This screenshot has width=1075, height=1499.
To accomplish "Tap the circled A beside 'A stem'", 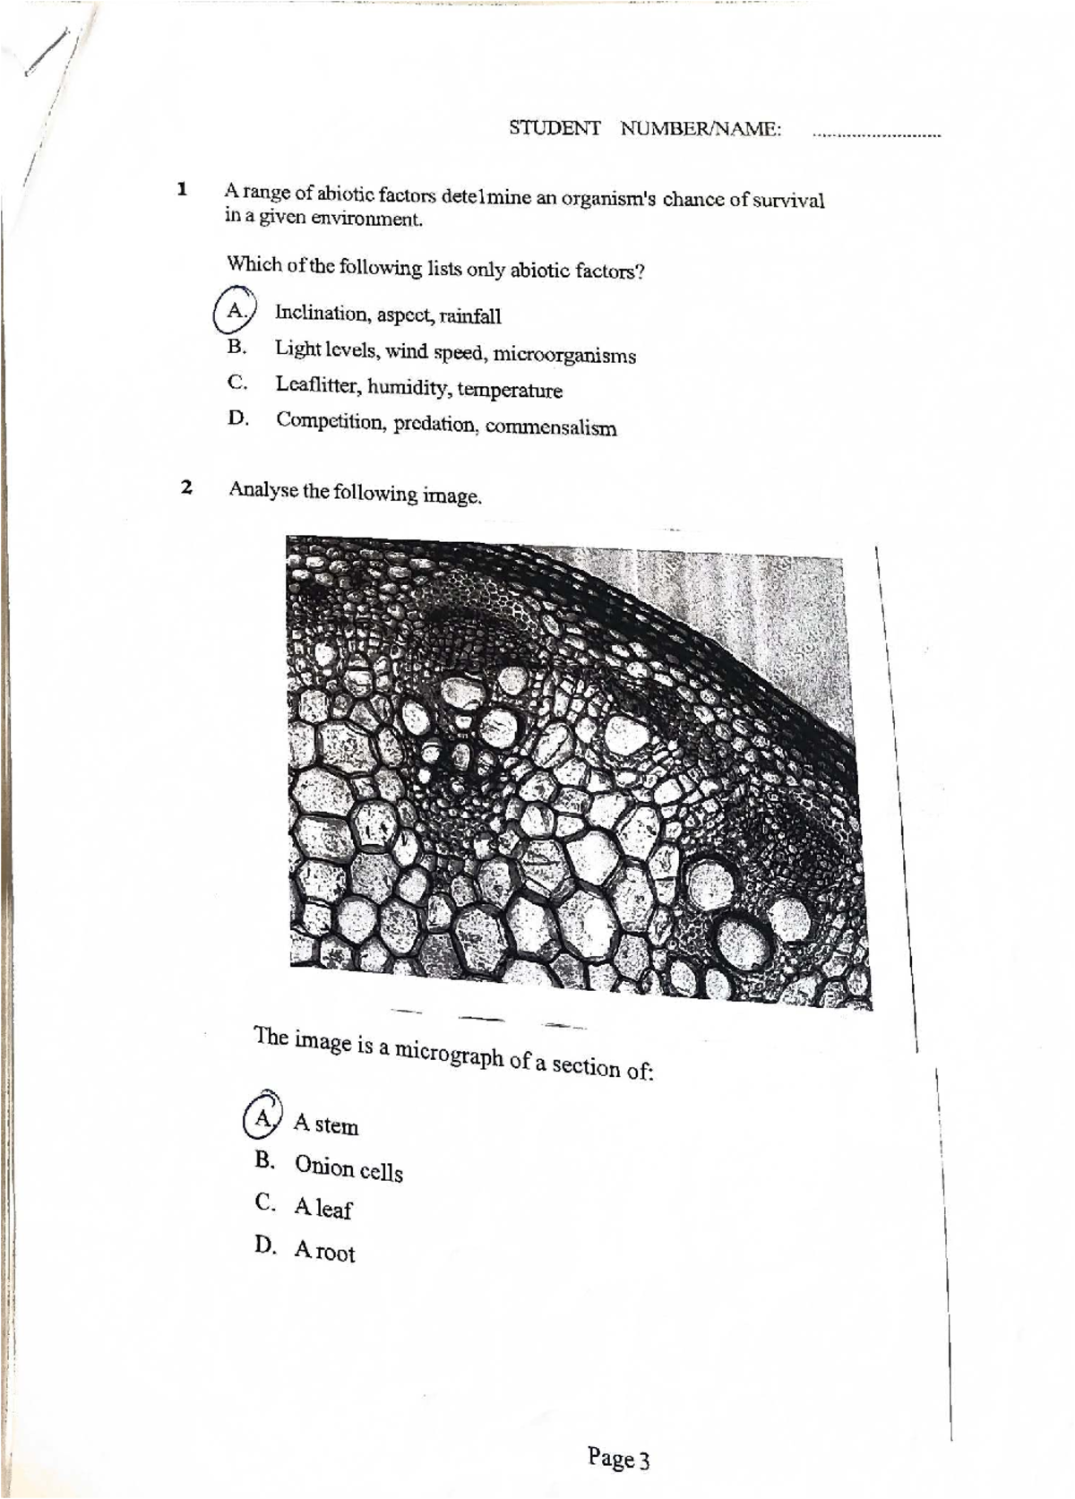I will tap(262, 1117).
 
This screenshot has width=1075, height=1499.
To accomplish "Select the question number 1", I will tap(182, 189).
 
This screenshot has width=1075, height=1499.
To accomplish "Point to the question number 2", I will tap(185, 487).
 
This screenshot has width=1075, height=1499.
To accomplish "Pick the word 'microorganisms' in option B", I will tap(564, 355).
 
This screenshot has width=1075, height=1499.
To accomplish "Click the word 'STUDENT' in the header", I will tap(555, 128).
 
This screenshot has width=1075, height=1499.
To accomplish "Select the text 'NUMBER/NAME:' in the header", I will tap(701, 129).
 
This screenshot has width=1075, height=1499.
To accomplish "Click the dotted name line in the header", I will tap(875, 136).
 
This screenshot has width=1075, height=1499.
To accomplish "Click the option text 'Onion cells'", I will tap(348, 1167).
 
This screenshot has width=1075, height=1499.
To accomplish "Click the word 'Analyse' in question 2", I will tap(263, 489).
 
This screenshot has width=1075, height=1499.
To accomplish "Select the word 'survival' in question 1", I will tap(787, 200).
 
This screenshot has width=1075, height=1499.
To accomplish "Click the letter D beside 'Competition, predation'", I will tap(237, 418).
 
